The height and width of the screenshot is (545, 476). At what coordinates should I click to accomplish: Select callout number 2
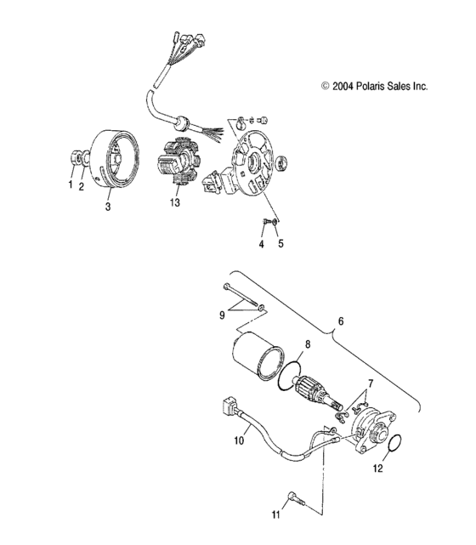(82, 188)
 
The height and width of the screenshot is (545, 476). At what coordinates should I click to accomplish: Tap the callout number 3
(108, 206)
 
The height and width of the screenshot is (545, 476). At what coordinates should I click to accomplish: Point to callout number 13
(175, 204)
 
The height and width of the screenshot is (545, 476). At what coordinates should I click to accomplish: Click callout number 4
(262, 244)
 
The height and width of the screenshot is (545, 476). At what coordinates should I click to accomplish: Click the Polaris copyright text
(374, 86)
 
